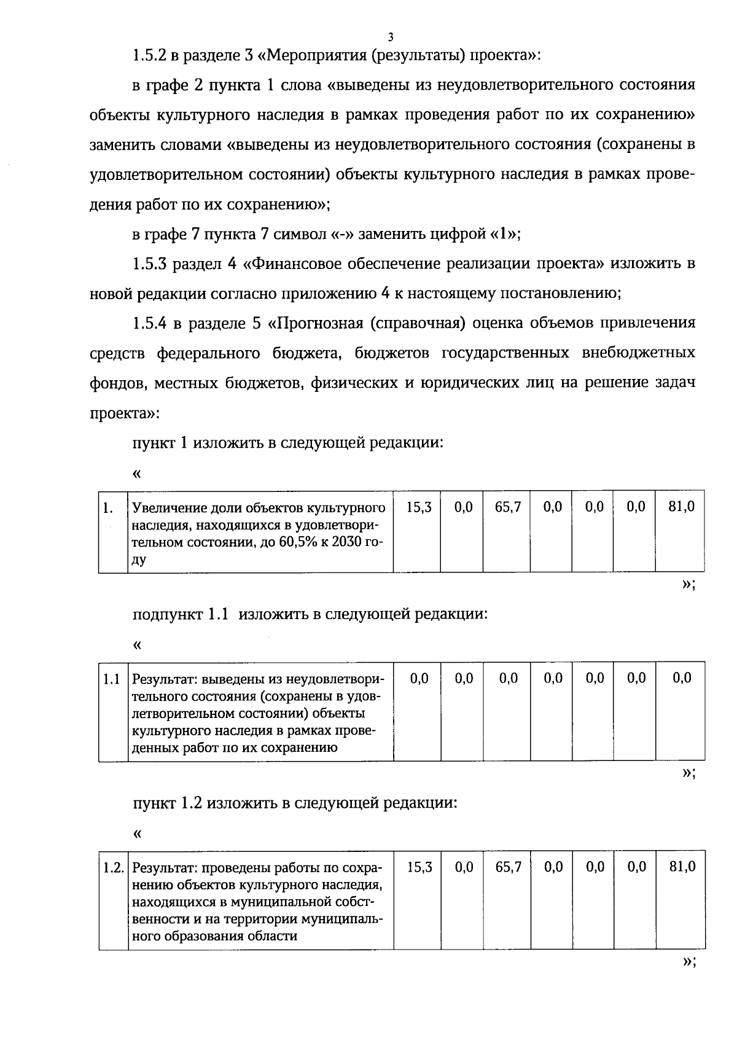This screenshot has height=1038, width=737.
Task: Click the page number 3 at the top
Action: pyautogui.click(x=391, y=36)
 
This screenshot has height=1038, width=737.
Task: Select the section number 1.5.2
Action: pyautogui.click(x=149, y=55)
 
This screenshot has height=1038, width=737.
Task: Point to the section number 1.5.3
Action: pyautogui.click(x=149, y=264)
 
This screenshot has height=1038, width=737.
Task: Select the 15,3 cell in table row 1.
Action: pyautogui.click(x=419, y=507)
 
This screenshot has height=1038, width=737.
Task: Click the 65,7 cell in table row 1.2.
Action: pyautogui.click(x=508, y=867)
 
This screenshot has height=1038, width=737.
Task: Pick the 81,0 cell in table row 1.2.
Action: pyautogui.click(x=682, y=867)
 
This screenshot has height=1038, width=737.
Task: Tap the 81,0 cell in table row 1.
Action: pyautogui.click(x=682, y=507)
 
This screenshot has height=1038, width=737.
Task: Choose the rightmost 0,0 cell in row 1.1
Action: pyautogui.click(x=682, y=678)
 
